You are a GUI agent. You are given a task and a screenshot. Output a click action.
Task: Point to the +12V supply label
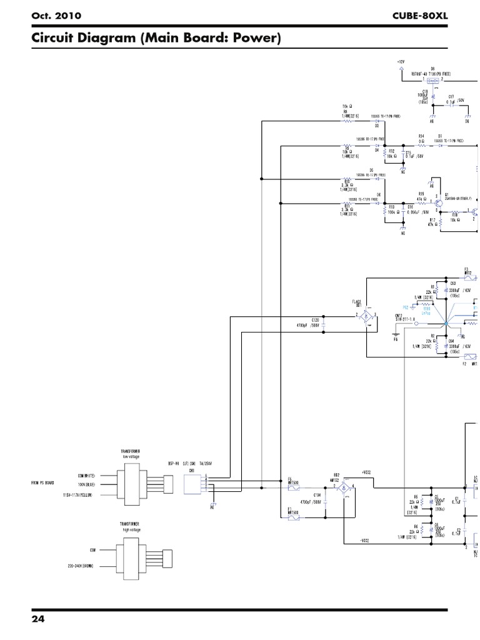pyautogui.click(x=401, y=62)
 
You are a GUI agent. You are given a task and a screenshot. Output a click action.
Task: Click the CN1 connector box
pyautogui.click(x=193, y=483)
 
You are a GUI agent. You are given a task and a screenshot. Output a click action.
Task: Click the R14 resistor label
pyautogui.click(x=421, y=136)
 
